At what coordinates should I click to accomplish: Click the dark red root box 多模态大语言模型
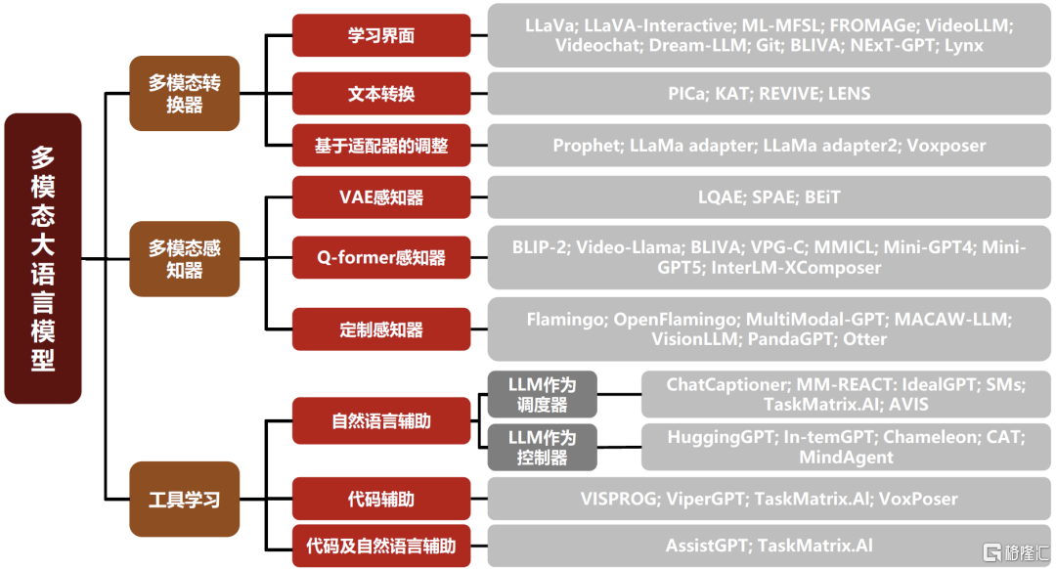click(x=42, y=258)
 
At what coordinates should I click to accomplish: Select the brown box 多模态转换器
click(x=185, y=93)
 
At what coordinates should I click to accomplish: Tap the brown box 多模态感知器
click(x=185, y=258)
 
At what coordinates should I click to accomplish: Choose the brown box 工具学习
click(x=185, y=500)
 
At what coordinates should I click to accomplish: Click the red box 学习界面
click(x=381, y=35)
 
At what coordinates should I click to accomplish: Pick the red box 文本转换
click(x=381, y=94)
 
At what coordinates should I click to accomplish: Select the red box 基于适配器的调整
click(x=381, y=146)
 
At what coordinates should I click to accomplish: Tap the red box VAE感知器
click(x=381, y=197)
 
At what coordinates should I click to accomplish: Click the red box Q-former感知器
click(x=381, y=258)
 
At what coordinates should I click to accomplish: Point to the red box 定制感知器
click(x=381, y=329)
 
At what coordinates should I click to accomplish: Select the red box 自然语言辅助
click(x=381, y=421)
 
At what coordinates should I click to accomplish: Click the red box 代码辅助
click(x=381, y=499)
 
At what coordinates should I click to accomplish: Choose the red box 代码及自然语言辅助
click(x=381, y=546)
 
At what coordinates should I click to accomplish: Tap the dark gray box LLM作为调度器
click(x=543, y=393)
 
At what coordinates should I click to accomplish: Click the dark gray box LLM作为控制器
click(x=543, y=447)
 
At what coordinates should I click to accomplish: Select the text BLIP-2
click(x=538, y=247)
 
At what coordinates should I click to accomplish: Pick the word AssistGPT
click(x=707, y=546)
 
